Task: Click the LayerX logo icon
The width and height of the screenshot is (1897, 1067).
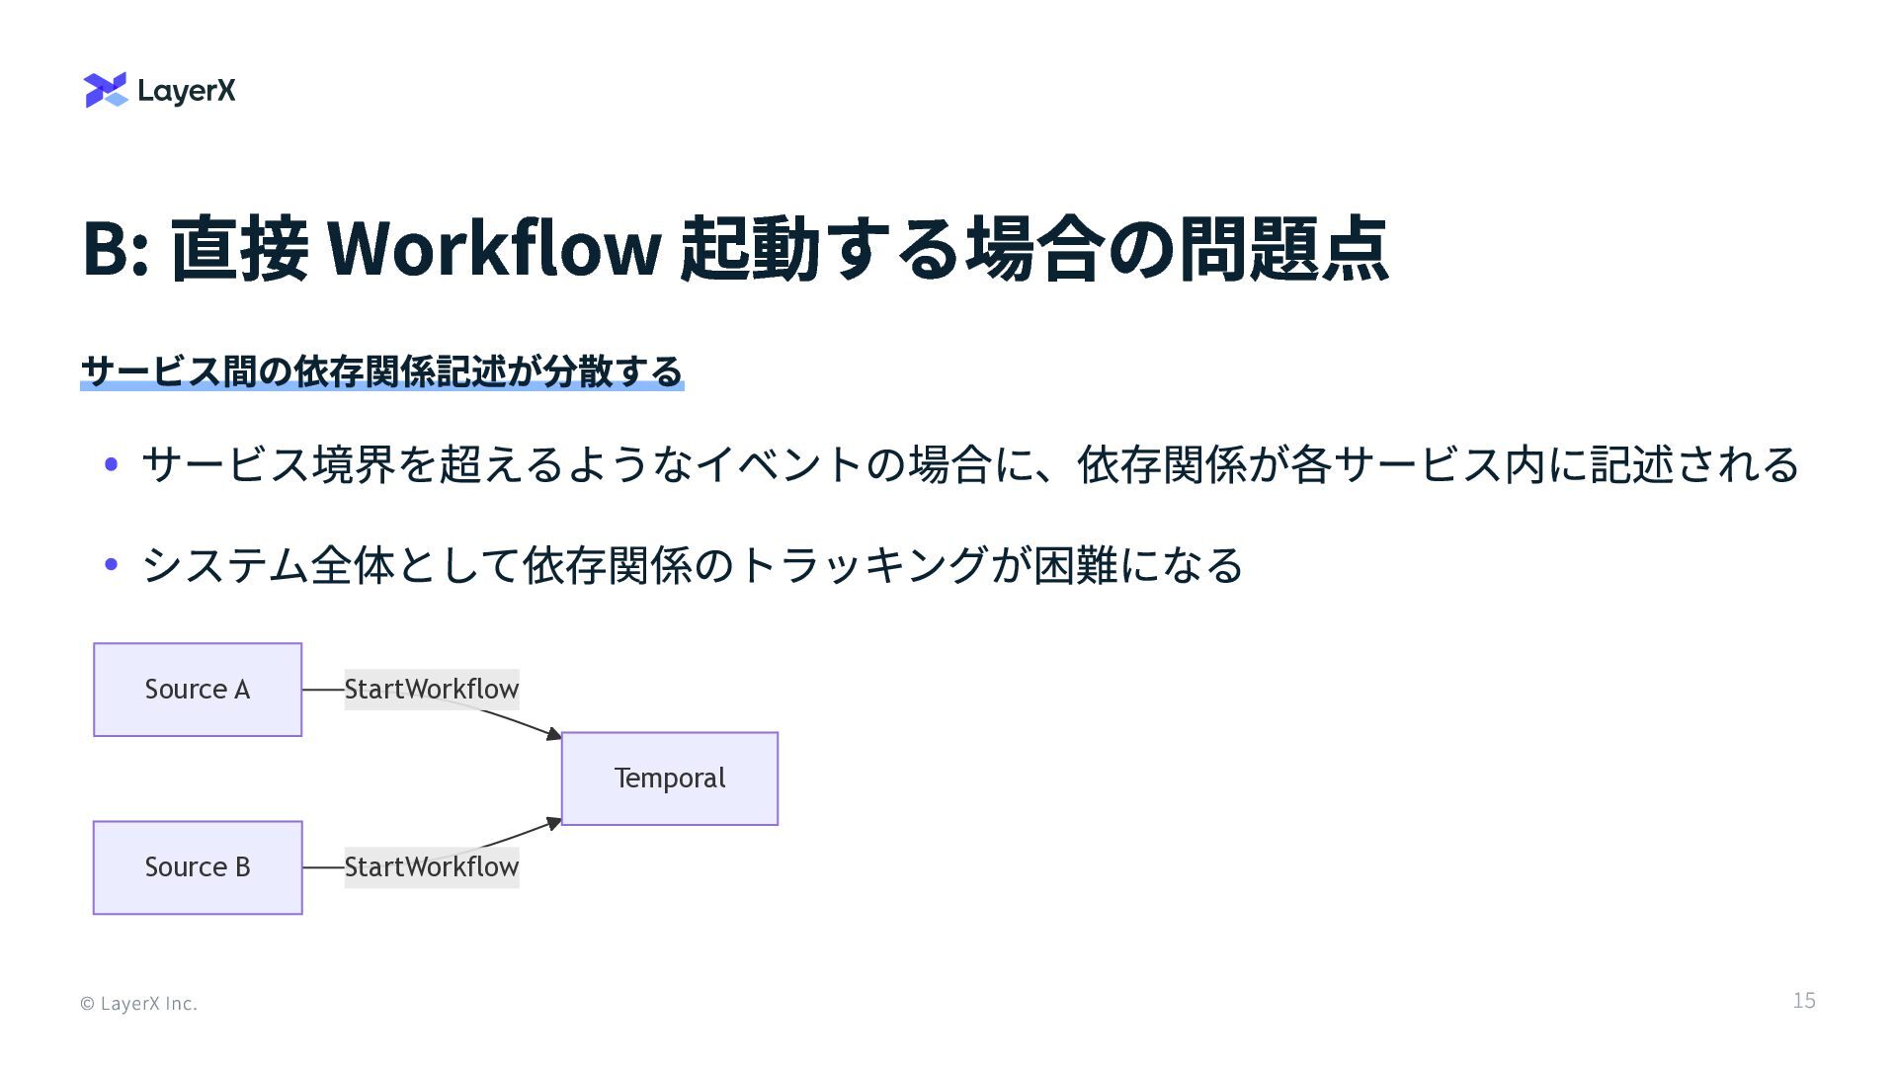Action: pyautogui.click(x=106, y=90)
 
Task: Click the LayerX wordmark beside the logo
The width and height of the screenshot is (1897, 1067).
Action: pyautogui.click(x=187, y=91)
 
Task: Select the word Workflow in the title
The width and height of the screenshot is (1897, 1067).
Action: pyautogui.click(x=493, y=248)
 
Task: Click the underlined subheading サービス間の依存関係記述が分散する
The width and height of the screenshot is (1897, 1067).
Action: pyautogui.click(x=381, y=371)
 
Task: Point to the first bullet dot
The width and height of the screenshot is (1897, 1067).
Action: pyautogui.click(x=112, y=464)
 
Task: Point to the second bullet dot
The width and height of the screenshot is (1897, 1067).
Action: pyautogui.click(x=112, y=565)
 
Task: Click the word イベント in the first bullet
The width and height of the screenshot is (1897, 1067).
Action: pyautogui.click(x=780, y=464)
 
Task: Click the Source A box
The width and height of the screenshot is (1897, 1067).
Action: pyautogui.click(x=198, y=690)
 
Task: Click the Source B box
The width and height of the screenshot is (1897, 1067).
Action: pyautogui.click(x=198, y=867)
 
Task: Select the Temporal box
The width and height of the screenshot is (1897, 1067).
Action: pyautogui.click(x=670, y=779)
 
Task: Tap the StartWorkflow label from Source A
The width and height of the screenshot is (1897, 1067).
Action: pyautogui.click(x=432, y=689)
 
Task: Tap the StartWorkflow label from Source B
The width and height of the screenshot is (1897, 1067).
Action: pyautogui.click(x=432, y=867)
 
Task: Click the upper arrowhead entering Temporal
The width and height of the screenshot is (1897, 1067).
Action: pyautogui.click(x=554, y=734)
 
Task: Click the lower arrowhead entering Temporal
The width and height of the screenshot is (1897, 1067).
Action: pyautogui.click(x=554, y=823)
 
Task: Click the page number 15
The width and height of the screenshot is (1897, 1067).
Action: pyautogui.click(x=1804, y=1001)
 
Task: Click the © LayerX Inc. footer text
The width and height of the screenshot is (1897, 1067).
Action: pyautogui.click(x=139, y=1004)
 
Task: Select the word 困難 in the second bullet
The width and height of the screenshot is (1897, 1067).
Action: pyautogui.click(x=1076, y=565)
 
